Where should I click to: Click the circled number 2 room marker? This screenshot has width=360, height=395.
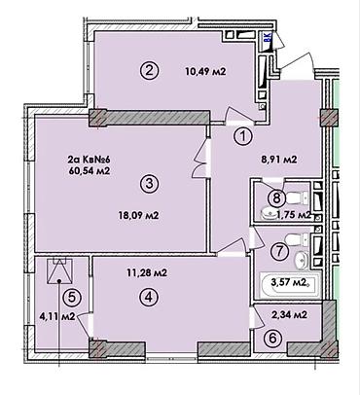(149, 71)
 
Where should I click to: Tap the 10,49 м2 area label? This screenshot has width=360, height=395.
(205, 71)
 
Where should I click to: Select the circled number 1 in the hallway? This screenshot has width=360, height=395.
(243, 137)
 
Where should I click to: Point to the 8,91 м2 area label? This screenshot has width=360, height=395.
(279, 160)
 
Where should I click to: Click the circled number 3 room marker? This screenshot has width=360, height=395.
(149, 184)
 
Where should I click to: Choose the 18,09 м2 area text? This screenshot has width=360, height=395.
(138, 215)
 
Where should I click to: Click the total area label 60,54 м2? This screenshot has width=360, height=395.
(89, 170)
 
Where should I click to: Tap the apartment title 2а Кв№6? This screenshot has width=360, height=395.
(89, 160)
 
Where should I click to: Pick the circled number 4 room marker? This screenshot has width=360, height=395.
(149, 297)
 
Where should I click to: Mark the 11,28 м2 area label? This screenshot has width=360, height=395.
(147, 273)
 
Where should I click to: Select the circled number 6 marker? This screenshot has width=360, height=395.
(272, 339)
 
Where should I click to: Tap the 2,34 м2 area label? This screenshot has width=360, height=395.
(290, 314)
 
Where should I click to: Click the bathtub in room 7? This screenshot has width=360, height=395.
(290, 284)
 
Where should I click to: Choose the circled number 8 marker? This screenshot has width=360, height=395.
(276, 197)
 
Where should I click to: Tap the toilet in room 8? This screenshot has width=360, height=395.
(298, 197)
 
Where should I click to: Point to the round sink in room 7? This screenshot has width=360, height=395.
(302, 260)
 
